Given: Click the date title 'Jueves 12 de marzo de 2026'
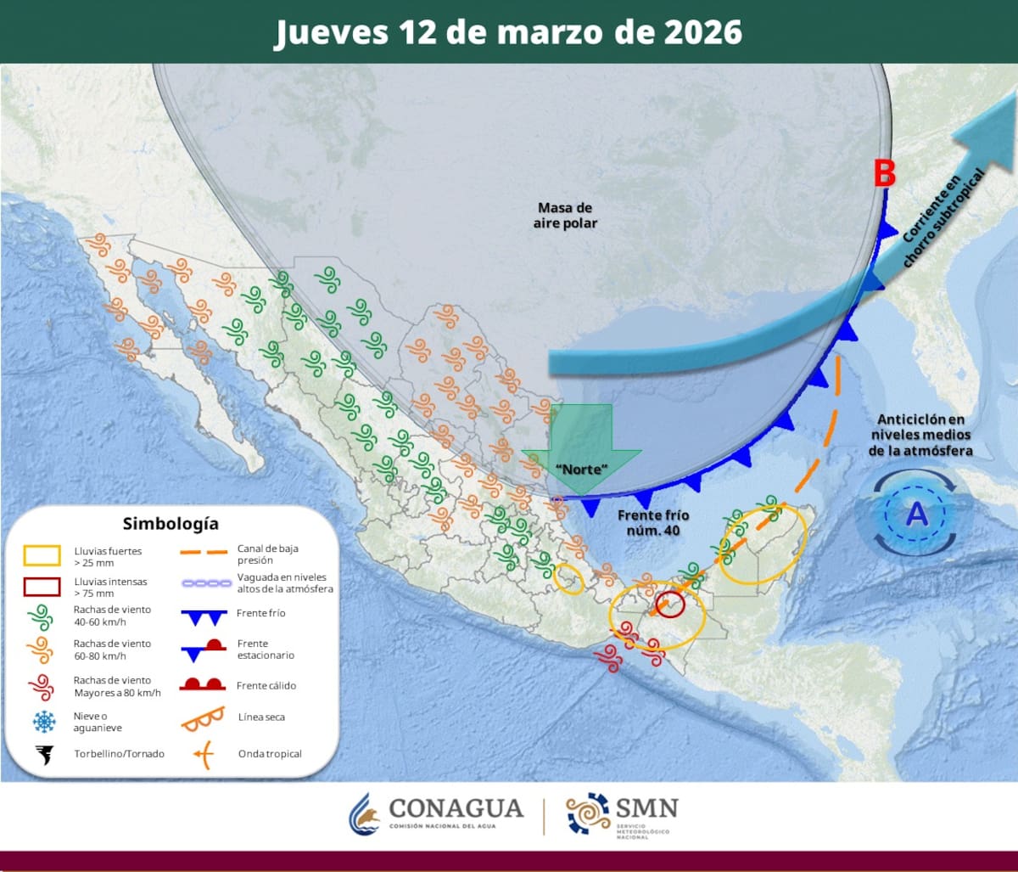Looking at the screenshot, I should (x=508, y=32).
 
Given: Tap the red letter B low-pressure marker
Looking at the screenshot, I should (x=885, y=175).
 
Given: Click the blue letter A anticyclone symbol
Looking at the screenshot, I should (x=916, y=515).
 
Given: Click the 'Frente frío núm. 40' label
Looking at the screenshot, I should (x=653, y=522).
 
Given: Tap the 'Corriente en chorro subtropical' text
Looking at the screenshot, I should (x=942, y=218).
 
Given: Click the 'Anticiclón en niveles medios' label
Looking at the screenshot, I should (x=921, y=435).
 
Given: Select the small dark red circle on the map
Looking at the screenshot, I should (x=670, y=604).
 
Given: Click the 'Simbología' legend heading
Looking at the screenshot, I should (x=171, y=523).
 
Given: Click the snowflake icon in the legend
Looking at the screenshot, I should (x=42, y=722).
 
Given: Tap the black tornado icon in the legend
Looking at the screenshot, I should (x=42, y=754).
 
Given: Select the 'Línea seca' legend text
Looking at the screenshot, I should (x=261, y=717).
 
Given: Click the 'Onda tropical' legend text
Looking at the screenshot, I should (x=270, y=754).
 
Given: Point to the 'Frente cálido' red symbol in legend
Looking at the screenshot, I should (x=202, y=684).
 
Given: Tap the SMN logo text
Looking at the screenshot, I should (x=647, y=807).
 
